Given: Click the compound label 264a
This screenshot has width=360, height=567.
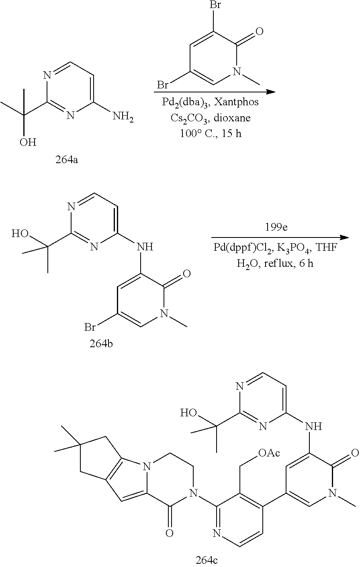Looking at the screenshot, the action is click(66, 161).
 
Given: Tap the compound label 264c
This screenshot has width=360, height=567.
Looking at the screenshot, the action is click(208, 560).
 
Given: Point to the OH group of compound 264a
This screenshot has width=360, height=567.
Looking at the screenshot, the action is click(28, 142).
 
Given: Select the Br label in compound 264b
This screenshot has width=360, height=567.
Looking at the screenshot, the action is click(90, 328).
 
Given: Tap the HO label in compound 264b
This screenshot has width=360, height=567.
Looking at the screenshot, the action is click(20, 233).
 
